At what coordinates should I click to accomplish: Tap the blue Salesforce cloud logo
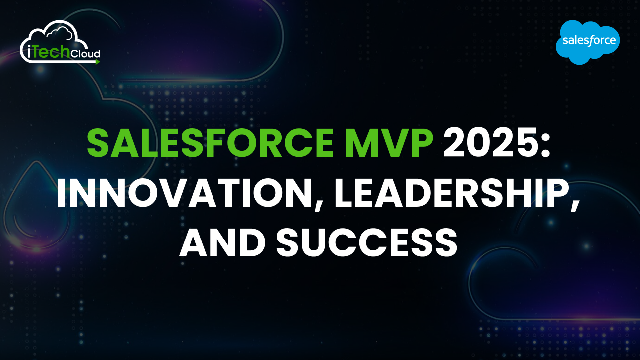coord(588,42)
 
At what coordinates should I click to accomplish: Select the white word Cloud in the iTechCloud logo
coord(84,53)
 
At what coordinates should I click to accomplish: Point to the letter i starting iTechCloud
coord(25,53)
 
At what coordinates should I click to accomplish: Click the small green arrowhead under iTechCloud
coord(98,62)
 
